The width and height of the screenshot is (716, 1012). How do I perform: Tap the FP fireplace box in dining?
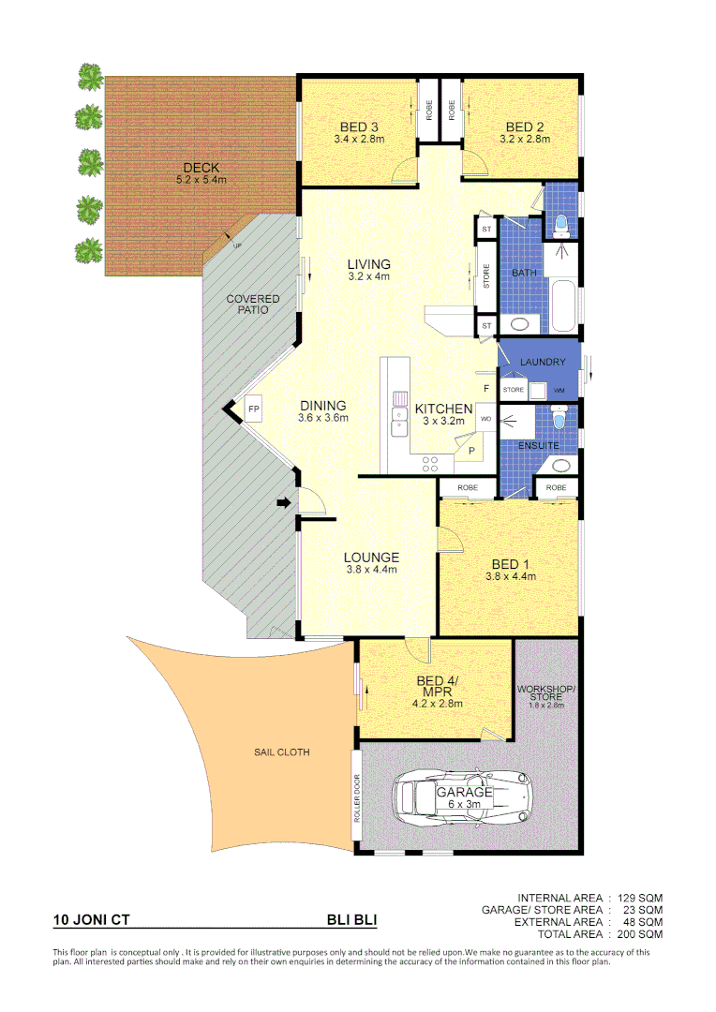coord(254,409)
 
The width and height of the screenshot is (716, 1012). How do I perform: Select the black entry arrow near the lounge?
coord(283,504)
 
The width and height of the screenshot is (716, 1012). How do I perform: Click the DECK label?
coord(201,168)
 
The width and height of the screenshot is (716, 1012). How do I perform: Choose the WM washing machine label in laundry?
coord(560,390)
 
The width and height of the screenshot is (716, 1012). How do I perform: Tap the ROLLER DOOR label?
coord(357,797)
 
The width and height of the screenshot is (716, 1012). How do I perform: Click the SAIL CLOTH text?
coord(281,752)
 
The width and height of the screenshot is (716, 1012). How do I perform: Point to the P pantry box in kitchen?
coord(471,451)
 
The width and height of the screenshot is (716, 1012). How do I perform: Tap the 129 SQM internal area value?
coord(643,898)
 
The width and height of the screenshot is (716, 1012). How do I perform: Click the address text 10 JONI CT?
coord(92,920)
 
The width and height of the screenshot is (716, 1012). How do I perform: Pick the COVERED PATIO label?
coord(253,304)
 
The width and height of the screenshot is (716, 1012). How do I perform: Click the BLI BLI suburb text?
coord(351,920)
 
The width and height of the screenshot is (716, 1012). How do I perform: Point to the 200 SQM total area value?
coord(643,934)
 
